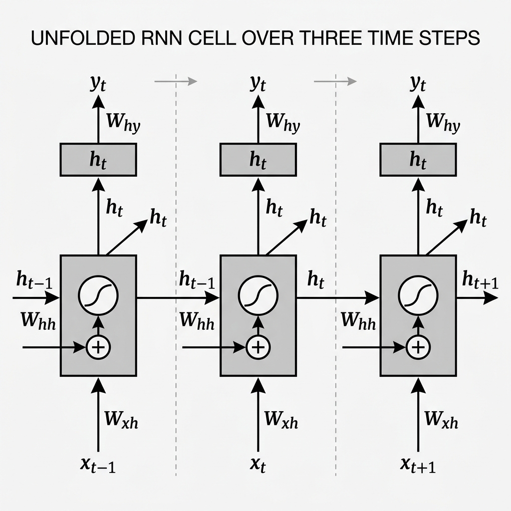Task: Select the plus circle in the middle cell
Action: pyautogui.click(x=258, y=346)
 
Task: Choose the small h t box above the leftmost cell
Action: pyautogui.click(x=98, y=159)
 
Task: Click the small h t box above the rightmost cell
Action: pyautogui.click(x=418, y=159)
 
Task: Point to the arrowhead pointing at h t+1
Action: pyautogui.click(x=491, y=298)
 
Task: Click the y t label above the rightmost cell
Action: pyautogui.click(x=418, y=84)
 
